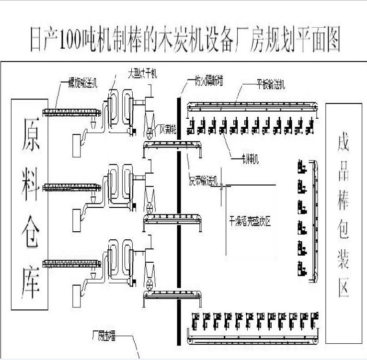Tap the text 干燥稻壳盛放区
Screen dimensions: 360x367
[250, 222]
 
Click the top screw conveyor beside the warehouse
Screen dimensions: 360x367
[72, 112]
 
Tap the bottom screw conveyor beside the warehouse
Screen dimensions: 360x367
[72, 263]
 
